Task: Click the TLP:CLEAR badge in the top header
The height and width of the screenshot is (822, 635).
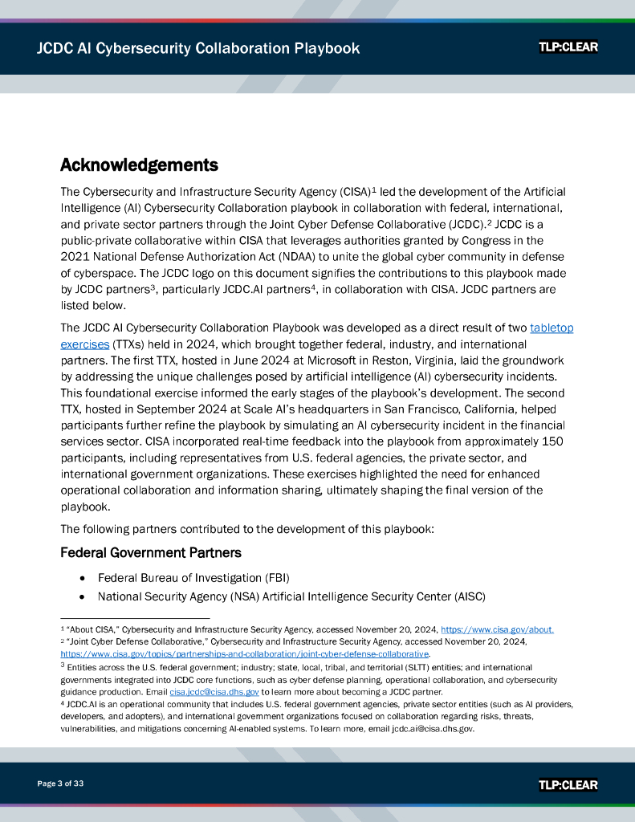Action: (568, 47)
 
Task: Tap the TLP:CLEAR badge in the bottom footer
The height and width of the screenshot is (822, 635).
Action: (568, 784)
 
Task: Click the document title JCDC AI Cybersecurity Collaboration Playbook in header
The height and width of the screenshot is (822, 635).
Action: (197, 48)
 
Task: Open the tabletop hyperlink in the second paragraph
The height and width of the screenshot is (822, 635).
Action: (552, 328)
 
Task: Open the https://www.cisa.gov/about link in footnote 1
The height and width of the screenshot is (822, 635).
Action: (497, 629)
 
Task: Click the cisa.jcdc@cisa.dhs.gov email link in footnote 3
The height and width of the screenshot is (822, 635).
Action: (214, 691)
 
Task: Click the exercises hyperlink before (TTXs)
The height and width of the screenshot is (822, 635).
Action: (84, 344)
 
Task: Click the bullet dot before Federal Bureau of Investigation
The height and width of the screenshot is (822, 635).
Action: (83, 578)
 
